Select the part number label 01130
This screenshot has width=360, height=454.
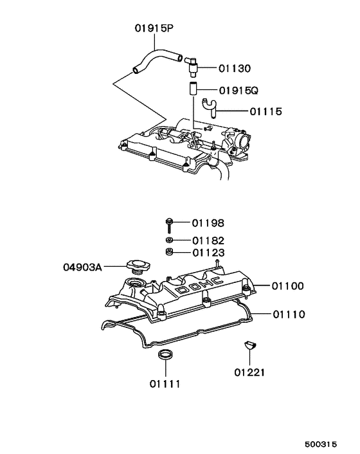[235, 68]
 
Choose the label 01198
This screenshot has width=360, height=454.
[209, 223]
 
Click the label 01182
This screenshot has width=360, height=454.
[209, 241]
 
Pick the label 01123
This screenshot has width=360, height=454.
[209, 253]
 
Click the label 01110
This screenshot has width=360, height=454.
[288, 314]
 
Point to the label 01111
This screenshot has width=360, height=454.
[165, 385]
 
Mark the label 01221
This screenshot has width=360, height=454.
[249, 372]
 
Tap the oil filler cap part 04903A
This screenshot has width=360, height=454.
[138, 264]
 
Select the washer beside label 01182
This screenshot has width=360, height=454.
[168, 241]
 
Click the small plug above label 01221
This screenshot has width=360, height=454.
[249, 346]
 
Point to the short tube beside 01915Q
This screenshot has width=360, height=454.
[192, 89]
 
